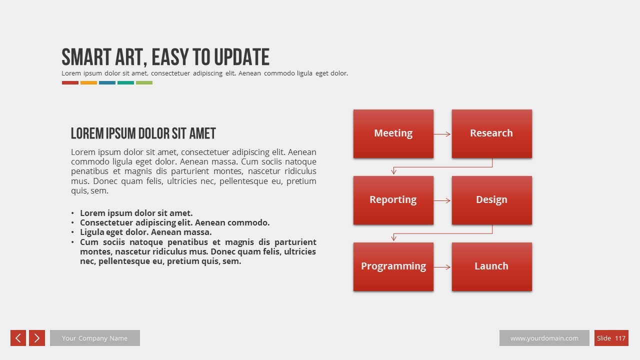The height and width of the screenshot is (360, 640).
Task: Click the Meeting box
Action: pyautogui.click(x=393, y=133)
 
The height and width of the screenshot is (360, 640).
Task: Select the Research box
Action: pyautogui.click(x=491, y=133)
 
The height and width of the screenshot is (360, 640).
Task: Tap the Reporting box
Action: pyautogui.click(x=393, y=200)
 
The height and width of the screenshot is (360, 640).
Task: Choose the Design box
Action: pyautogui.click(x=491, y=200)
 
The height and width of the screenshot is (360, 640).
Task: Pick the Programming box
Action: pyautogui.click(x=393, y=266)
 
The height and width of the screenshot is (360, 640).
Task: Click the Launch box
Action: pyautogui.click(x=491, y=266)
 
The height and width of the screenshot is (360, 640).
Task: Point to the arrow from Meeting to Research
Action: pyautogui.click(x=442, y=134)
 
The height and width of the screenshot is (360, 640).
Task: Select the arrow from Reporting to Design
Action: pyautogui.click(x=442, y=200)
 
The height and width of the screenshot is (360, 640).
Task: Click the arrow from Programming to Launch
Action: pyautogui.click(x=442, y=267)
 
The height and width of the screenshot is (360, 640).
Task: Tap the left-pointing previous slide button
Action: pyautogui.click(x=18, y=338)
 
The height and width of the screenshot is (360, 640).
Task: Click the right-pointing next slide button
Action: pyautogui.click(x=37, y=338)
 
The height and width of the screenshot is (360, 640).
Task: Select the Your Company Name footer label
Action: pyautogui.click(x=94, y=338)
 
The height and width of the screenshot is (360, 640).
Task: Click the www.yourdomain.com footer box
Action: pyautogui.click(x=544, y=338)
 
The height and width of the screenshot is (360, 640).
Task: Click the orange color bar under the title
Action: pyautogui.click(x=88, y=83)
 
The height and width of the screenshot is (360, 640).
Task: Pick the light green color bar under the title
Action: pyautogui.click(x=144, y=83)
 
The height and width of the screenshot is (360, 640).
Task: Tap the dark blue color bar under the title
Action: pyautogui.click(x=107, y=83)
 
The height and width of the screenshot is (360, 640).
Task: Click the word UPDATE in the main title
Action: pyautogui.click(x=241, y=57)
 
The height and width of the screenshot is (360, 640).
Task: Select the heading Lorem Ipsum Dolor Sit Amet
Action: pyautogui.click(x=143, y=133)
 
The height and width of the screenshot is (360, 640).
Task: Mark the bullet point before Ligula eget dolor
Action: pyautogui.click(x=73, y=232)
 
